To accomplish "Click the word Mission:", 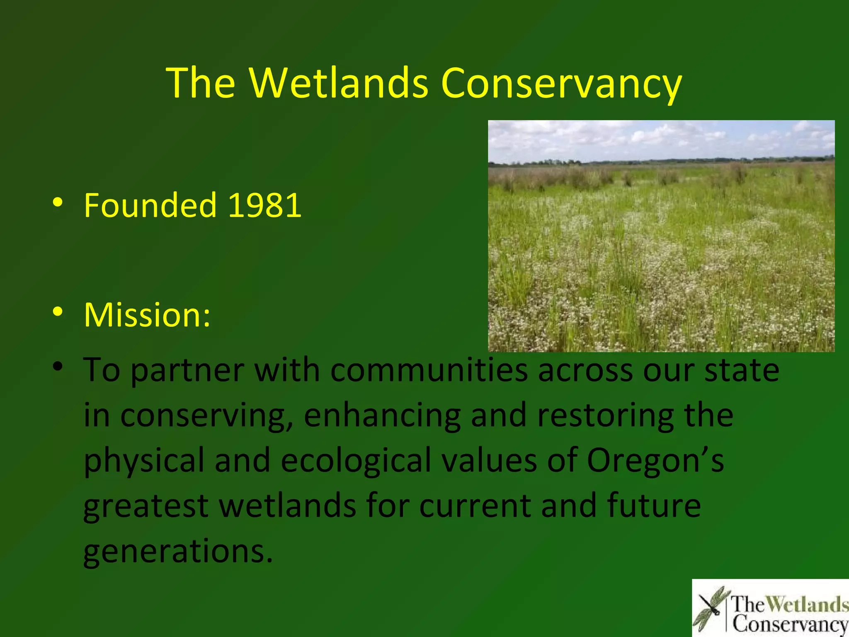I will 147,315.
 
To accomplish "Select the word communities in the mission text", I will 429,370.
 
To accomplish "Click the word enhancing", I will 382,416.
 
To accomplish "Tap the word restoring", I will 605,416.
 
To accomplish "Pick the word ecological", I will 356,461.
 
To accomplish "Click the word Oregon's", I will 655,461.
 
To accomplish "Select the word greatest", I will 146,507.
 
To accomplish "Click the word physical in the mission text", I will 144,461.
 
